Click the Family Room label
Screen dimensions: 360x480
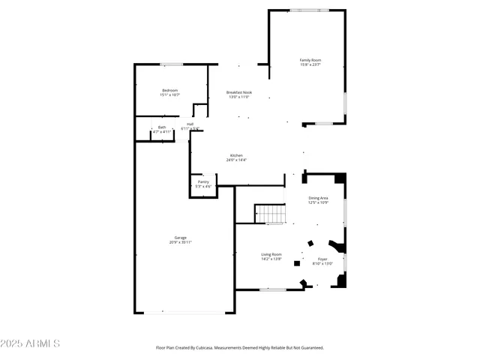310,59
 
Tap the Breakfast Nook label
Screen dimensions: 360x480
239,92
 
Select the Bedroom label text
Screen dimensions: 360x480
169,90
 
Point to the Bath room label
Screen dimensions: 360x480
162,127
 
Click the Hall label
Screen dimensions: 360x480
190,124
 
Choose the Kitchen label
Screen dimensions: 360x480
236,155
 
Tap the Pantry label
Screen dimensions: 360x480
203,181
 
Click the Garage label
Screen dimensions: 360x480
181,238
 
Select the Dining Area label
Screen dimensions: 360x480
319,198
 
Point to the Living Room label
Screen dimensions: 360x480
271,254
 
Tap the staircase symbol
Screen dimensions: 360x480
271,214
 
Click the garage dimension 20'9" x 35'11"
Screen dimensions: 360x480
181,242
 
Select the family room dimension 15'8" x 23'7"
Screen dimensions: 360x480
310,64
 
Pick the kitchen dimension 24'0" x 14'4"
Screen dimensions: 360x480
236,160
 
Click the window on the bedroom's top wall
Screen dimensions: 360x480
171,64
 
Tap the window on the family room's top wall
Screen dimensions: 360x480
309,10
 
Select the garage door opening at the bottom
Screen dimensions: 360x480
181,313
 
